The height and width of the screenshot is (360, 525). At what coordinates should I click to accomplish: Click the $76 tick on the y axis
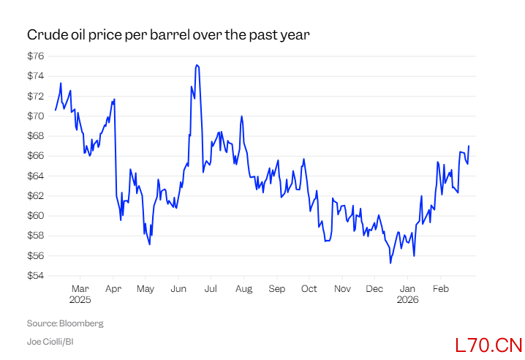(36, 56)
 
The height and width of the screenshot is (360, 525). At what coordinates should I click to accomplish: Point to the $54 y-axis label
(36, 276)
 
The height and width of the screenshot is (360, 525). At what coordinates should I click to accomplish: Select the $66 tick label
(36, 156)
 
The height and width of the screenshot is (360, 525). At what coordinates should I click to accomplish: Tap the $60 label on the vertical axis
(36, 216)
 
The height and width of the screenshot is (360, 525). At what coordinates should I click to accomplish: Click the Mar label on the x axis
(80, 289)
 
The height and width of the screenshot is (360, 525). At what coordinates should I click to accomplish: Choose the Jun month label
(178, 289)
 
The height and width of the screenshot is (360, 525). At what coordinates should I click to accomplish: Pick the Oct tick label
(309, 289)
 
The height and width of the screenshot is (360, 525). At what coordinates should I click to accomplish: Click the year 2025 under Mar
(80, 299)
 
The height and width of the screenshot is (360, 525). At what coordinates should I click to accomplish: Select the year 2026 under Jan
(407, 299)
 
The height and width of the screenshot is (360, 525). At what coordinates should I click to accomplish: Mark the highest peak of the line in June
(197, 64)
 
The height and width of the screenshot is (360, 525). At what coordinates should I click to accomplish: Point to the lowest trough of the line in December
(390, 263)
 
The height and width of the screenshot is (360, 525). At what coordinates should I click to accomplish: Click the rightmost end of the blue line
(469, 146)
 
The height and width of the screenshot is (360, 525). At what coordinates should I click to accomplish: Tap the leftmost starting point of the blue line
(55, 110)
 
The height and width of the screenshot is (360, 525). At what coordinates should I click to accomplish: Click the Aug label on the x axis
(244, 289)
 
